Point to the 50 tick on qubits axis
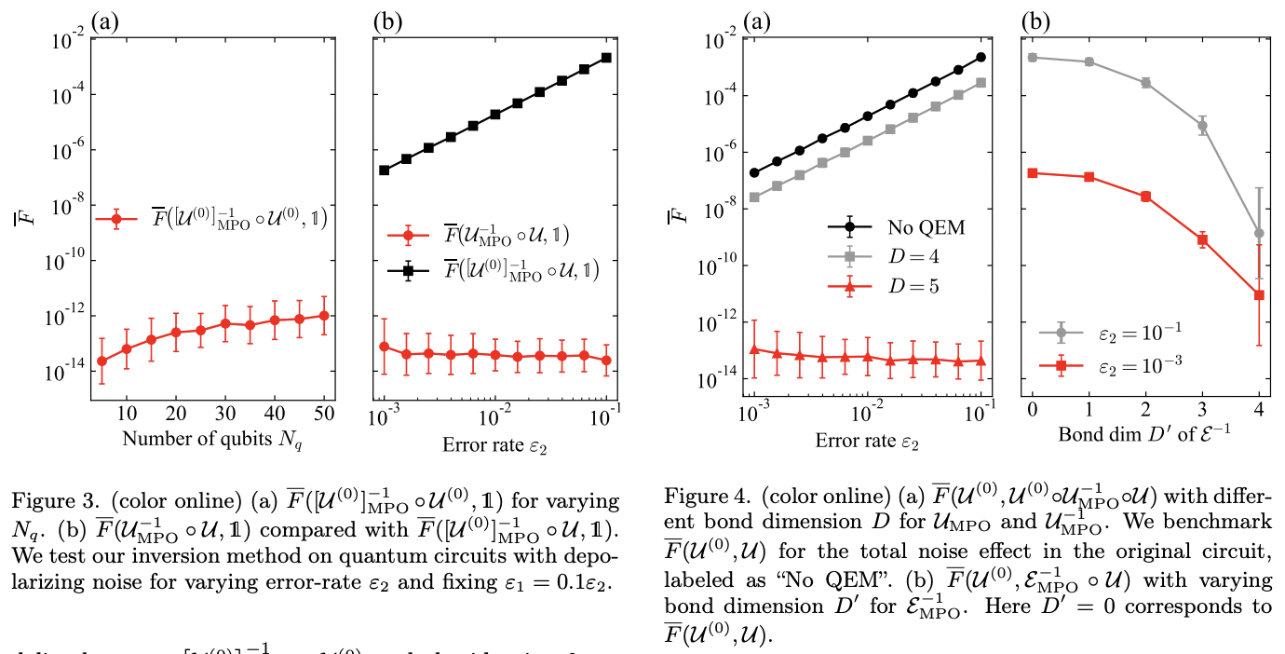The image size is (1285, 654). [324, 412]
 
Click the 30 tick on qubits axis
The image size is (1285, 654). [225, 412]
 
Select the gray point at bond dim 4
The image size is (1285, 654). [1259, 233]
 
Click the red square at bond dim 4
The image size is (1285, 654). [1259, 295]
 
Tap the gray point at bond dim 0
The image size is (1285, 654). [1032, 58]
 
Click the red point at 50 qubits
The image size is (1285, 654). [324, 315]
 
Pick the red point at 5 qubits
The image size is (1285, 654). [101, 361]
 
